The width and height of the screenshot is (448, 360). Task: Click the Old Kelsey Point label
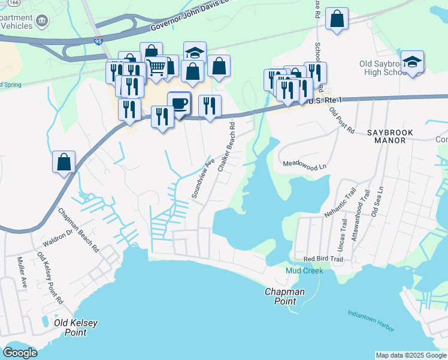tap(75, 328)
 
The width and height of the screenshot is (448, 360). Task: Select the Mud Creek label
tap(304, 271)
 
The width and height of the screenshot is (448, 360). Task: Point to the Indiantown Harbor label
tap(371, 321)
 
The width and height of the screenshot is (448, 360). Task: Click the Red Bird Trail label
tap(323, 259)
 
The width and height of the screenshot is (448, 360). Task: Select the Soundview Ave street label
tap(202, 178)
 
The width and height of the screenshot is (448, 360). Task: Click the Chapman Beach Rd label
tap(78, 230)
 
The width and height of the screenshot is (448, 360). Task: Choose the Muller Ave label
tap(22, 272)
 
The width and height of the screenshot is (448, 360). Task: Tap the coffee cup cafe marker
tap(179, 103)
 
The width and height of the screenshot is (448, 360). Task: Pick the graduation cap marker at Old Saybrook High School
tap(411, 62)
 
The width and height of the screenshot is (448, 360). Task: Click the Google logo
tap(20, 353)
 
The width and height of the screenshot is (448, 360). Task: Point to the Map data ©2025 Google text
tap(410, 355)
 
